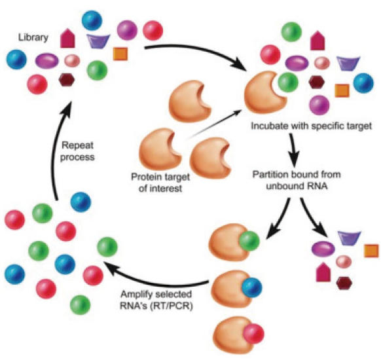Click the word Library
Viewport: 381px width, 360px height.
33,37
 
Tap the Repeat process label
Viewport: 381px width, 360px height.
77,151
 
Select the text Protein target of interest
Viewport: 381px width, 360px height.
160,183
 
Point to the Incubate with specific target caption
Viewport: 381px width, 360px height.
311,126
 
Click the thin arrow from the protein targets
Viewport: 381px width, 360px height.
214,125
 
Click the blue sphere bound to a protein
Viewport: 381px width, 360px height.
252,288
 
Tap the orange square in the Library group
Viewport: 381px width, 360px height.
120,54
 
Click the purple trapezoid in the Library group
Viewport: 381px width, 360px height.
98,41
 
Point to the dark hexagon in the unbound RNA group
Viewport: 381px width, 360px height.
344,283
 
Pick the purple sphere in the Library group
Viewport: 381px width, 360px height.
127,30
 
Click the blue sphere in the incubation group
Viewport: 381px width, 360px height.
363,83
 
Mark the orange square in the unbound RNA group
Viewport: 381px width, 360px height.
371,251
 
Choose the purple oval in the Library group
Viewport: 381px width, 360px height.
47,62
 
